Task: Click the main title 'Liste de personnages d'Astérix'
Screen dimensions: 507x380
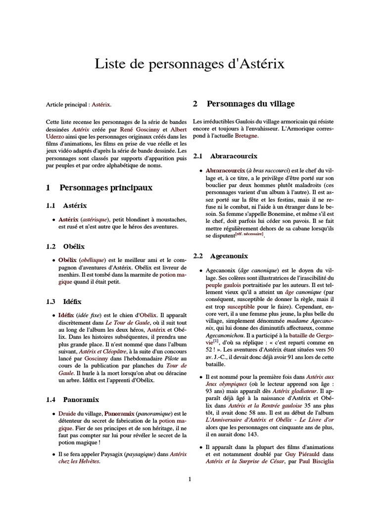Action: click(x=190, y=65)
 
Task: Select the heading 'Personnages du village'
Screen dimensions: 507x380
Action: click(x=250, y=103)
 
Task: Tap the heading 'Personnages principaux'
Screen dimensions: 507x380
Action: click(x=106, y=188)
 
